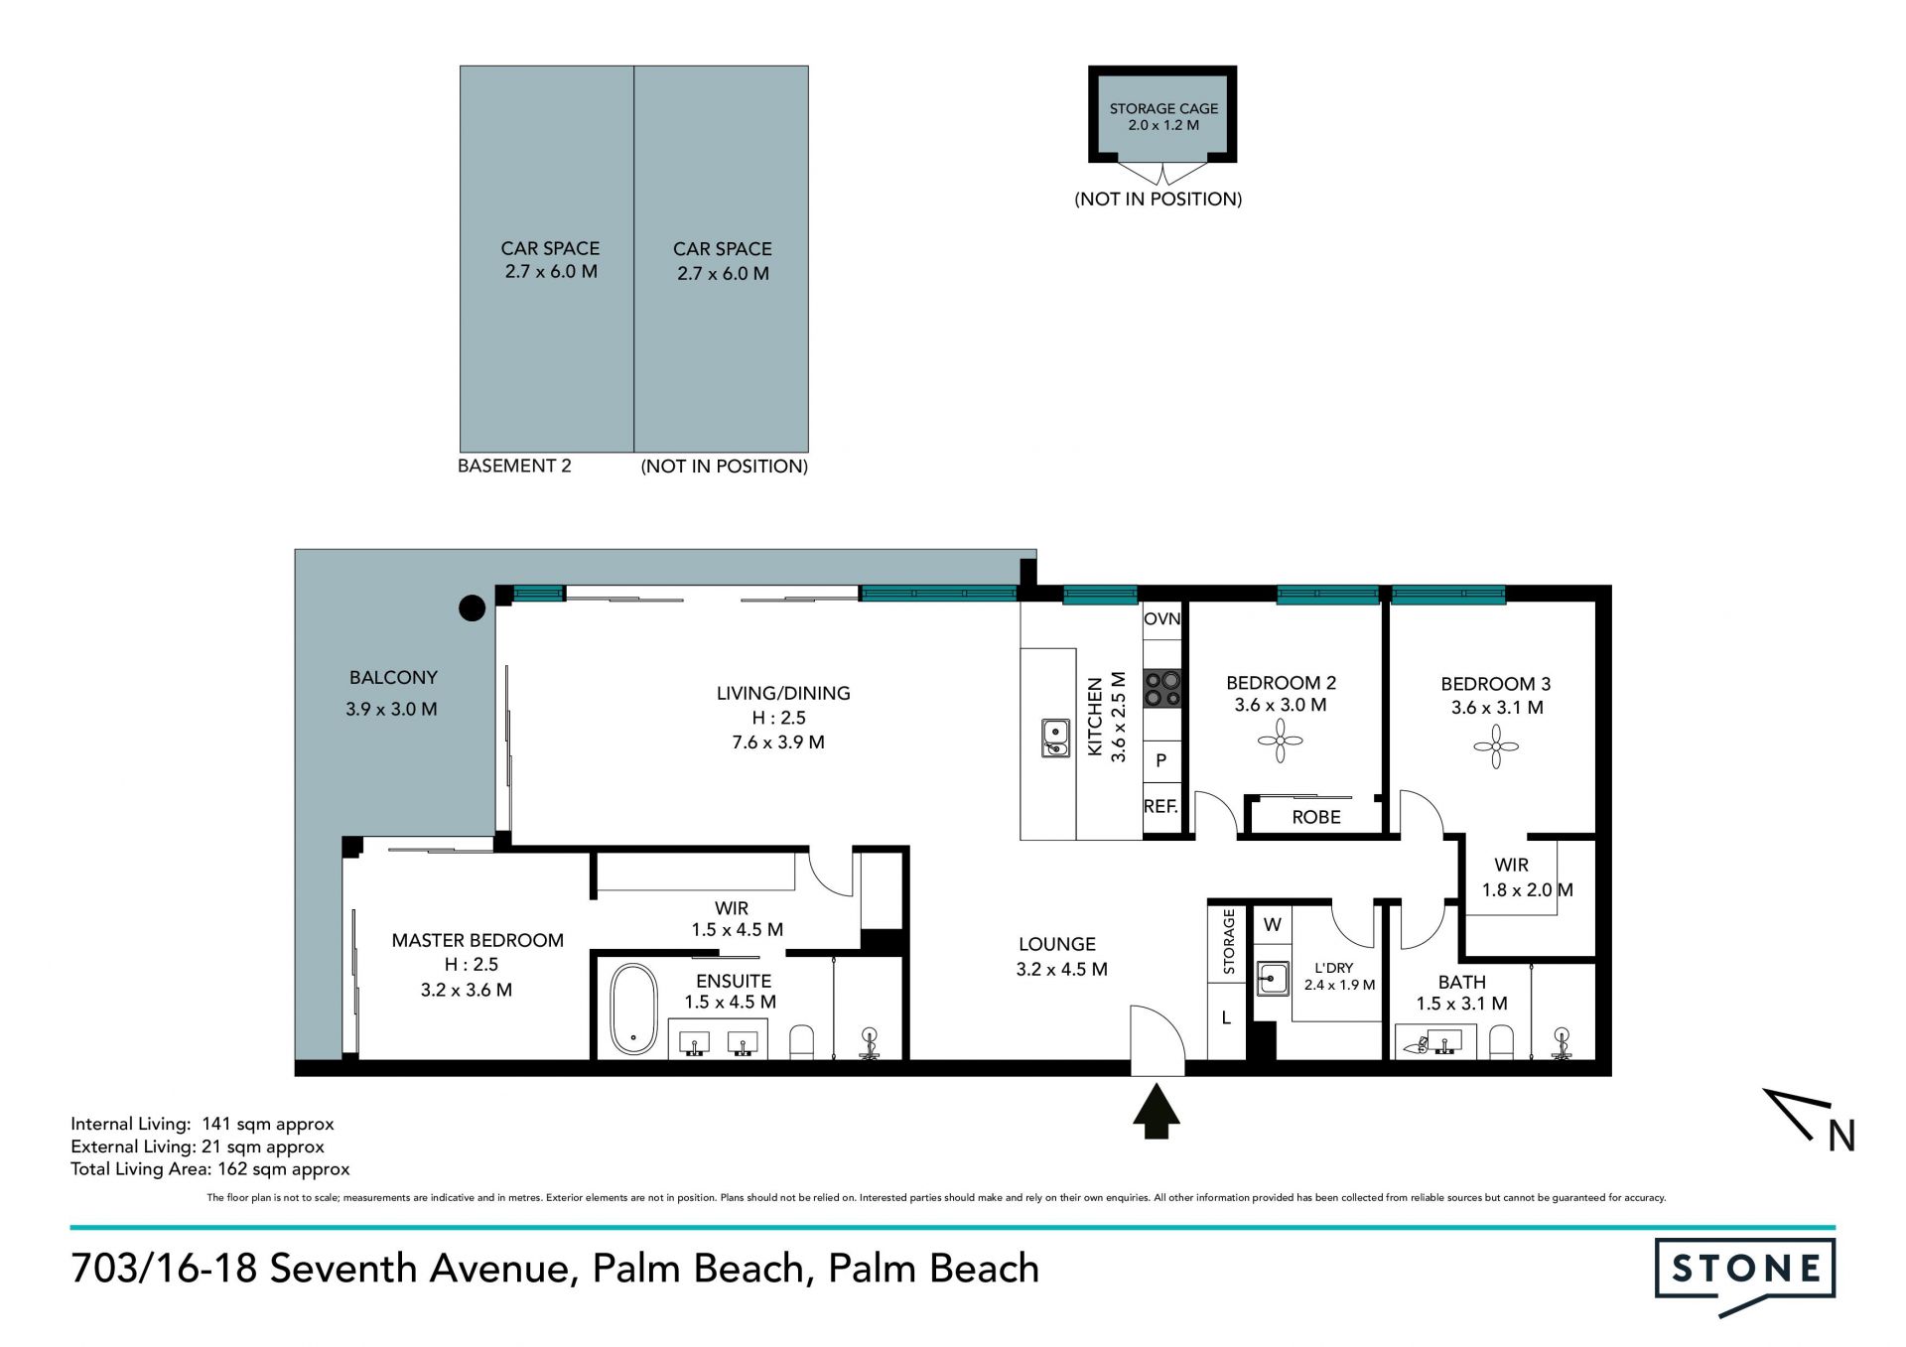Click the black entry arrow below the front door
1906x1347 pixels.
tap(1157, 1112)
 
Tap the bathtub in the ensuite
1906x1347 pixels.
tap(633, 1009)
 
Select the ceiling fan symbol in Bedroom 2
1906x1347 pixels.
tap(1281, 741)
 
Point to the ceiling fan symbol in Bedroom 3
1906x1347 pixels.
tap(1496, 745)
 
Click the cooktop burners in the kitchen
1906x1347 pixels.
tap(1161, 688)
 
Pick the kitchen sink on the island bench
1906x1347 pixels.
tap(1055, 738)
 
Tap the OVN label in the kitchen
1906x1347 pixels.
tap(1161, 619)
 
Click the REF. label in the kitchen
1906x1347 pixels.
tap(1160, 806)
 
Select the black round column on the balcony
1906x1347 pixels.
tap(472, 607)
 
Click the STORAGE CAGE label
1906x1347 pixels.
tap(1163, 108)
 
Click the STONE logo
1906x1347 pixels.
tap(1745, 1276)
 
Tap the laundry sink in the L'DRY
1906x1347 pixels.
tap(1272, 978)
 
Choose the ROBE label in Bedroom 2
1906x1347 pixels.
tap(1316, 817)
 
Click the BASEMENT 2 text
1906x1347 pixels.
tap(514, 466)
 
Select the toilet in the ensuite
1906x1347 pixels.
tap(801, 1042)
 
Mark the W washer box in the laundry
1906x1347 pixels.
tap(1273, 924)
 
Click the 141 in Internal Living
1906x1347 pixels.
tap(216, 1124)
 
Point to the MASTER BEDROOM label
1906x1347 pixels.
tap(477, 940)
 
